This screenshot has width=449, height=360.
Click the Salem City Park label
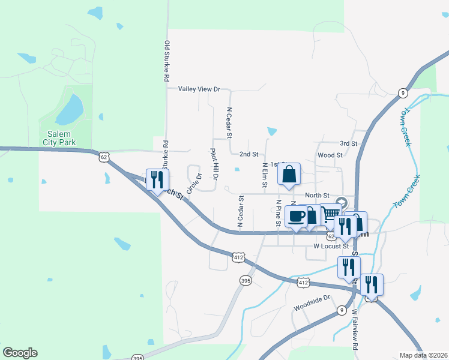[59, 139]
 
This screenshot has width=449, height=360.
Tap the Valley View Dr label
[199, 89]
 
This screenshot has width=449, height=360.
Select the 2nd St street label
[249, 154]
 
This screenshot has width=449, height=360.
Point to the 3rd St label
[348, 144]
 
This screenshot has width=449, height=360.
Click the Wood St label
[330, 155]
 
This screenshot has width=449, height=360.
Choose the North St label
[317, 195]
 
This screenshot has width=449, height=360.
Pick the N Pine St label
[279, 213]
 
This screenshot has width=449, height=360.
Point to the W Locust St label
[331, 246]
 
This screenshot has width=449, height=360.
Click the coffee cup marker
[297, 217]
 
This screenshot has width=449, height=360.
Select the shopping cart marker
[330, 214]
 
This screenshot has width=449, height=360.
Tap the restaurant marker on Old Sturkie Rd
[157, 179]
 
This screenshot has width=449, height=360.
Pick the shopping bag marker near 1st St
[289, 175]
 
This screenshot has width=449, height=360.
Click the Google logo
[20, 353]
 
